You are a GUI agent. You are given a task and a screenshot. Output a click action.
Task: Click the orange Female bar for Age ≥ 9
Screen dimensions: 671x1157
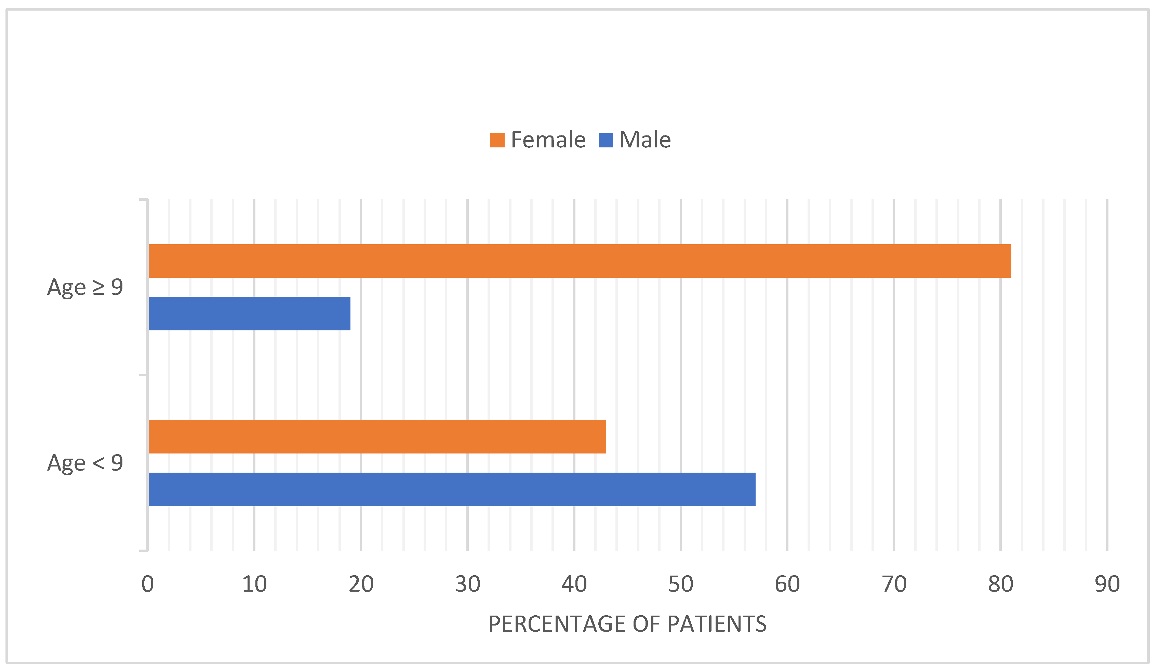[580, 261]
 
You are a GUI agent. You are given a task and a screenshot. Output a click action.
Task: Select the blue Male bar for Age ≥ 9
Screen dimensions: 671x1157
[249, 313]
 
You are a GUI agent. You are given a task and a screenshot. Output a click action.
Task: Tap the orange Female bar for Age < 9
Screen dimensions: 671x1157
[377, 436]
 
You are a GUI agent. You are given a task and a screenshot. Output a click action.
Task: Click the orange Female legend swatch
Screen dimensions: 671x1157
[497, 140]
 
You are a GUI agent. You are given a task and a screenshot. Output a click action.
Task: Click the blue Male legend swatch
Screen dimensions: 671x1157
[606, 140]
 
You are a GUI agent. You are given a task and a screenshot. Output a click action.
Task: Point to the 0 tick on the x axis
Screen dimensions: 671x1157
[147, 584]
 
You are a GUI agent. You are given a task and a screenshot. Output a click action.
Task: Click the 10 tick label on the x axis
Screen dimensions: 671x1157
[254, 584]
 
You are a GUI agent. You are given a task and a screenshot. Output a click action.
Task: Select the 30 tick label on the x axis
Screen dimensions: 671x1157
[467, 584]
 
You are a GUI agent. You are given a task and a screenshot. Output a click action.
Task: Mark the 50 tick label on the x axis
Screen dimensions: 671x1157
[680, 584]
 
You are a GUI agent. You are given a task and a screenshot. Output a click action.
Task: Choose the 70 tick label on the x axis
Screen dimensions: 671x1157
[894, 584]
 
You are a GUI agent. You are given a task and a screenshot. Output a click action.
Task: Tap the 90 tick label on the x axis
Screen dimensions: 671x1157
[1107, 584]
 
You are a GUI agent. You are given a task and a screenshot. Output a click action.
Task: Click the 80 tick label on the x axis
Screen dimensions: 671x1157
[1000, 584]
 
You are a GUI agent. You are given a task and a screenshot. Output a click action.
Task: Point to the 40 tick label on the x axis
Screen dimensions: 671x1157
[574, 584]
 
